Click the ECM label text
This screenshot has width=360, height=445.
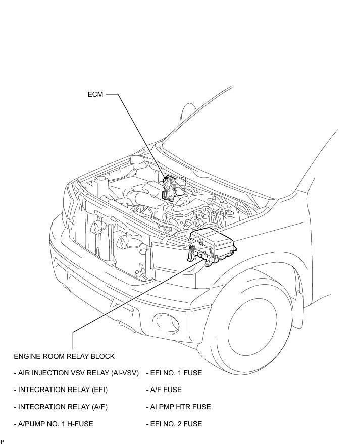(x=95, y=94)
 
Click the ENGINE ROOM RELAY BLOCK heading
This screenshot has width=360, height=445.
(x=64, y=356)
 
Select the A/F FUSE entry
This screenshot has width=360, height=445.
(x=164, y=390)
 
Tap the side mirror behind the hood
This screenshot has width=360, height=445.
(x=188, y=112)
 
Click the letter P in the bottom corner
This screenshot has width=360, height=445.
(x=3, y=442)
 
